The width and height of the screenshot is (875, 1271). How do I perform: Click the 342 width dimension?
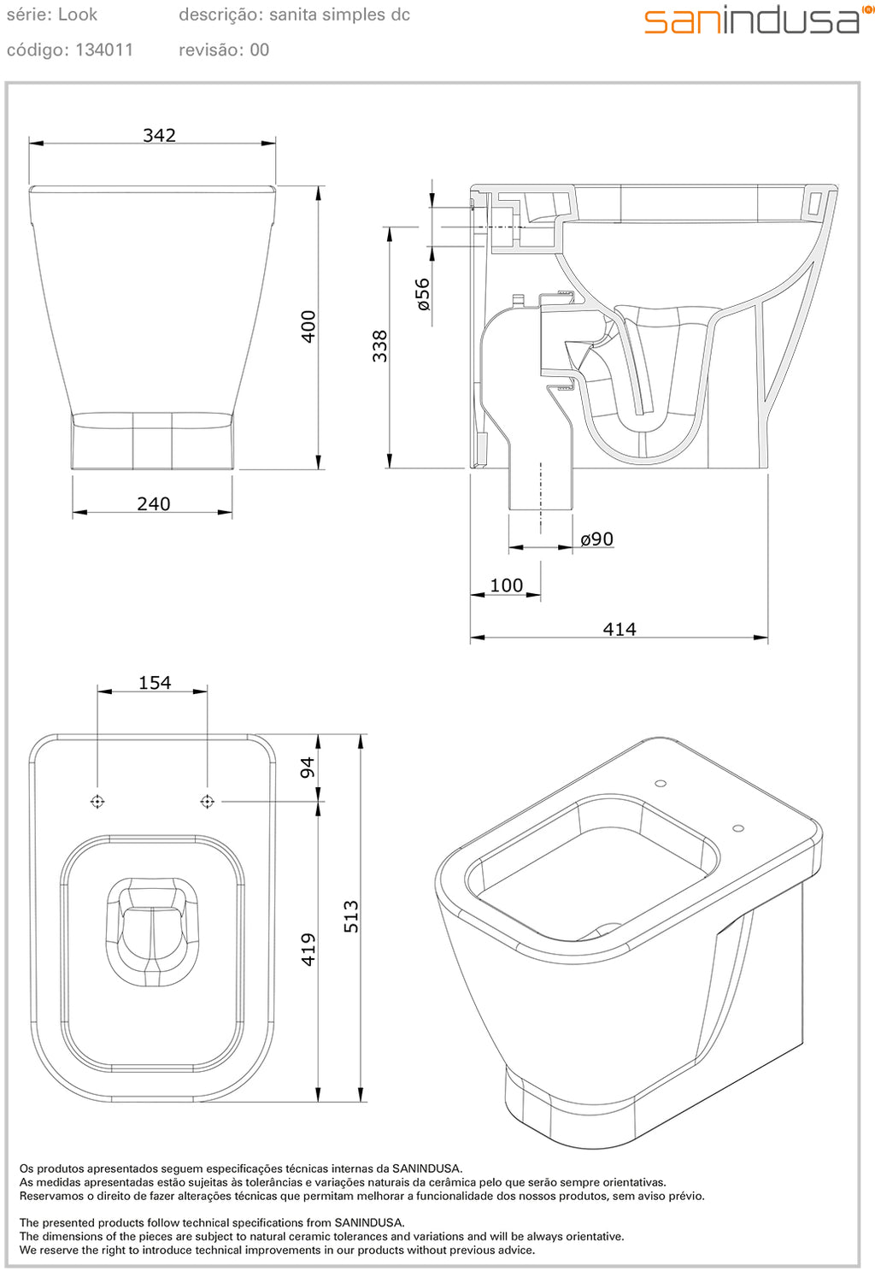coord(159,135)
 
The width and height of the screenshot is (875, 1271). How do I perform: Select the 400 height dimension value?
coord(308,327)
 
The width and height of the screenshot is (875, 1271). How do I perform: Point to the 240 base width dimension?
coord(154,504)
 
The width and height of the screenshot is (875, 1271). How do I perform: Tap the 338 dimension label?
coord(380,346)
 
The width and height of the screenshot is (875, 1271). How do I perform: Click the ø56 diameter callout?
coord(422,294)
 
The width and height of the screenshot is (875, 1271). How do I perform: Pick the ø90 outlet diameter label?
coord(596,539)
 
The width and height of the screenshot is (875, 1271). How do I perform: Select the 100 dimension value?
coord(506,585)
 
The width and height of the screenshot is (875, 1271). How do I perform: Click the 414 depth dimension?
coord(619,629)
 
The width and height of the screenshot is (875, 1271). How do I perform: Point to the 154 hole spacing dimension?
coord(155,683)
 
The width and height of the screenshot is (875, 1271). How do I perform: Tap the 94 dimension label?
coord(308,767)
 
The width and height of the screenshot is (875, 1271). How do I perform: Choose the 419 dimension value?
coord(308,949)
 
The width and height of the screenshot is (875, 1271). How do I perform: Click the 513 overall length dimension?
coord(351,916)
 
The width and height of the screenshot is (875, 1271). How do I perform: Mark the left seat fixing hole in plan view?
coord(97,802)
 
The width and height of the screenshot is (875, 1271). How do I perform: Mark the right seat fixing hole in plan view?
coord(207,802)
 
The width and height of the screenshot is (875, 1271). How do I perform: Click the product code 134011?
coord(104,50)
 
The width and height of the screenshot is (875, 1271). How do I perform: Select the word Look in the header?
coord(78,15)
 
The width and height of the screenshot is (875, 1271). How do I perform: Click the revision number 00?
coord(260,50)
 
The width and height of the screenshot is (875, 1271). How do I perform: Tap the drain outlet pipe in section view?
coord(540,487)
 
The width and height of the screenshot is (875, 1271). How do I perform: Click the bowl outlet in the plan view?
coord(152,932)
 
